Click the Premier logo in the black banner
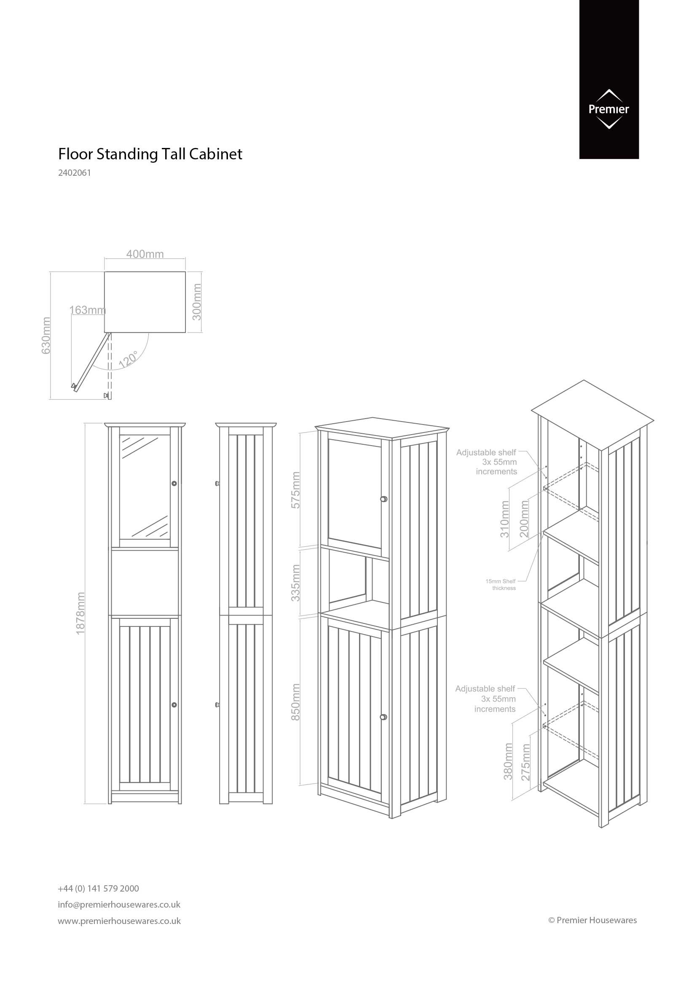pos(609,109)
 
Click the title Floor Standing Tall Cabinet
pos(150,154)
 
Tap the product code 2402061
pos(75,174)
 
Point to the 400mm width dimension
pos(145,254)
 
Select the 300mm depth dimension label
pos(196,301)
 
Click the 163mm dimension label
pos(88,310)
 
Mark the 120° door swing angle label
pos(129,359)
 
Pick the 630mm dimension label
pos(46,336)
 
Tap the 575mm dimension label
pos(296,490)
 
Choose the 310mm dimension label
pos(505,519)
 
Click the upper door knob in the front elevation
pos(174,484)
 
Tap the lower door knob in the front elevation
pos(174,705)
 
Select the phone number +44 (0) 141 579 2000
pos(98,888)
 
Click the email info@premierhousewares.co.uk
pos(119,904)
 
